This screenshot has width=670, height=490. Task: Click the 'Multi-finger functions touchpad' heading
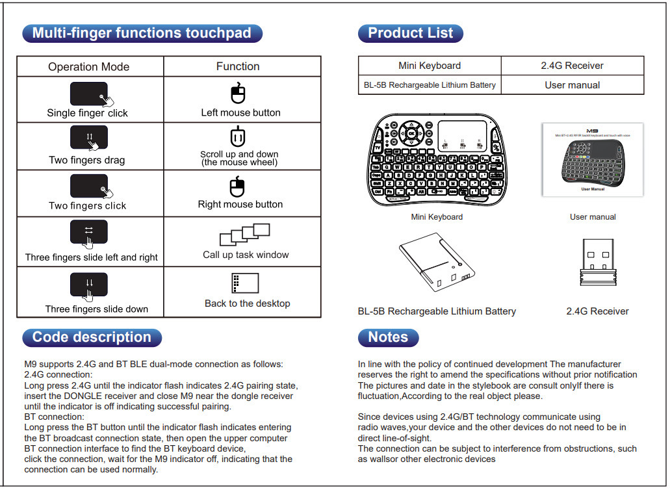pyautogui.click(x=142, y=34)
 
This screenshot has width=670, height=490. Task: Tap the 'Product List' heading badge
pyautogui.click(x=410, y=34)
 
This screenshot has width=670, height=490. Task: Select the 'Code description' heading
pyautogui.click(x=92, y=337)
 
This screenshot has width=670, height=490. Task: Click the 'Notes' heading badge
pyautogui.click(x=388, y=337)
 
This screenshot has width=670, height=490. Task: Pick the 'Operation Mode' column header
pyautogui.click(x=88, y=67)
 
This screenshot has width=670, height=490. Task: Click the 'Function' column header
pyautogui.click(x=238, y=66)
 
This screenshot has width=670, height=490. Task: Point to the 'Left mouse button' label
pyautogui.click(x=240, y=112)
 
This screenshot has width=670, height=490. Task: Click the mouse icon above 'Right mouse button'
pyautogui.click(x=238, y=188)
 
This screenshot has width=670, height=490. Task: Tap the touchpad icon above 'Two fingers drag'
pyautogui.click(x=88, y=138)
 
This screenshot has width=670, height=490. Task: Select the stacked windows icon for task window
pyautogui.click(x=244, y=234)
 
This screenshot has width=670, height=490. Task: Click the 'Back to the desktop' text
pyautogui.click(x=247, y=303)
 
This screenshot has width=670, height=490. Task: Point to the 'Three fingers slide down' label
pyautogui.click(x=96, y=309)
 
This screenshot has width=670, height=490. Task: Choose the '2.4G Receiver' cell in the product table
pyautogui.click(x=572, y=66)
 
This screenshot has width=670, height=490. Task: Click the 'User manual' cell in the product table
pyautogui.click(x=572, y=85)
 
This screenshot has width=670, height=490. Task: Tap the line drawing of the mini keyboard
pyautogui.click(x=436, y=159)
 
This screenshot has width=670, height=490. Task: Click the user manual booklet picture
pyautogui.click(x=592, y=160)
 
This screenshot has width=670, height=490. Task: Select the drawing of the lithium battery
pyautogui.click(x=437, y=264)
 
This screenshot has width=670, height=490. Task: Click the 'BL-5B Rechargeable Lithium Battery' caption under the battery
pyautogui.click(x=437, y=311)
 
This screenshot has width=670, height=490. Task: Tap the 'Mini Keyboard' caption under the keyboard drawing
pyautogui.click(x=437, y=217)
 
